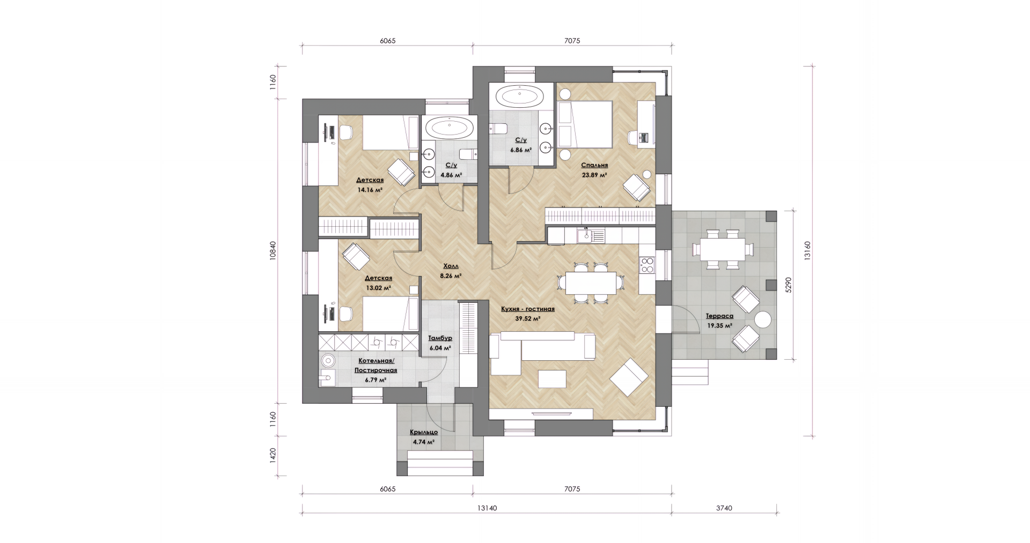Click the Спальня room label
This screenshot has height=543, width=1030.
pyautogui.click(x=594, y=166)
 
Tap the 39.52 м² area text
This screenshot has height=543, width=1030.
pyautogui.click(x=527, y=318)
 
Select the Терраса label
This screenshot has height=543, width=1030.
pyautogui.click(x=719, y=316)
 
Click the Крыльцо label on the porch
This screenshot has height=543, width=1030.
pyautogui.click(x=424, y=432)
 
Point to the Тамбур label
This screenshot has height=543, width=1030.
pyautogui.click(x=440, y=338)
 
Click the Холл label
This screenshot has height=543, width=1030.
pyautogui.click(x=451, y=266)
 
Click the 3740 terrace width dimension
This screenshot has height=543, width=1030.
pyautogui.click(x=724, y=508)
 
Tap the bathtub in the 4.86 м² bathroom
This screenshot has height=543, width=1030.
pyautogui.click(x=450, y=128)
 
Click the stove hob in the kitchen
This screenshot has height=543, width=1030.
pyautogui.click(x=647, y=265)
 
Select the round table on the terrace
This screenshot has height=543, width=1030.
pyautogui.click(x=763, y=321)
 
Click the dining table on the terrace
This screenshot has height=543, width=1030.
pyautogui.click(x=723, y=249)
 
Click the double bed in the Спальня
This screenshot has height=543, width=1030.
pyautogui.click(x=585, y=124)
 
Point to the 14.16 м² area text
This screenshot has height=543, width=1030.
pyautogui.click(x=370, y=189)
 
